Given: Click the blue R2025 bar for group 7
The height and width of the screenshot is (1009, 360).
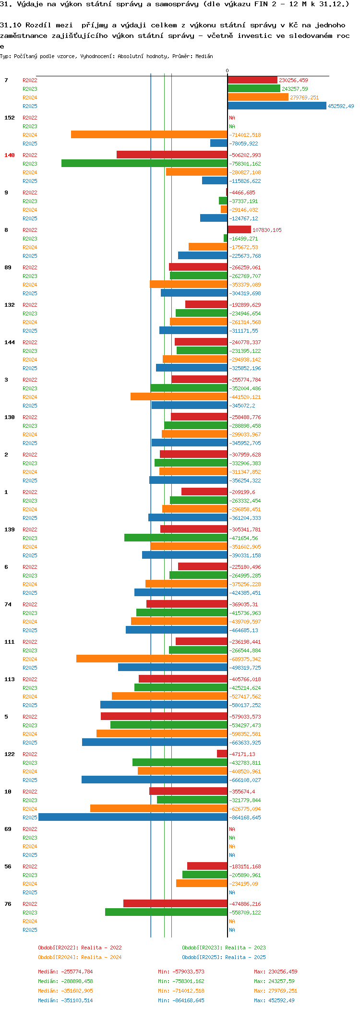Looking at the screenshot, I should [277, 106].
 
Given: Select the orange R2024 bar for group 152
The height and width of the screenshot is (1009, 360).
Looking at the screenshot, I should [149, 135].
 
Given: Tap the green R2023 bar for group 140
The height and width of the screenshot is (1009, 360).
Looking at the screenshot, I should [144, 164].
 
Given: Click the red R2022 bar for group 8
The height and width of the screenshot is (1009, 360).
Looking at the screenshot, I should [239, 230].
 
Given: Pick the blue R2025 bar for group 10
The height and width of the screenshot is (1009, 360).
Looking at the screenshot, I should [133, 817].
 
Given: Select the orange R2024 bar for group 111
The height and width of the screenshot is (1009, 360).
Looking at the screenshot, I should [152, 659].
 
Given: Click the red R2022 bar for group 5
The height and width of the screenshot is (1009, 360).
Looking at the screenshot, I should [164, 717].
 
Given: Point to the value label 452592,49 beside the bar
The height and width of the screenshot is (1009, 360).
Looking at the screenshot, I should [341, 106].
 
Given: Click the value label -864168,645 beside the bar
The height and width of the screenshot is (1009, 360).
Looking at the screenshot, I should [245, 817].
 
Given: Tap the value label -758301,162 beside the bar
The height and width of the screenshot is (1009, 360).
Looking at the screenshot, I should [245, 164].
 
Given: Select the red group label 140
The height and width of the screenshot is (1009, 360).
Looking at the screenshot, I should [10, 155].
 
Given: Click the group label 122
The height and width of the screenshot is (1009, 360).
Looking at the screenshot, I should [10, 754].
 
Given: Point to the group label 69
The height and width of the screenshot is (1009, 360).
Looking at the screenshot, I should [8, 829].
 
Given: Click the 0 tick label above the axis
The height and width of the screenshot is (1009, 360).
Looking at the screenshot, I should [228, 71].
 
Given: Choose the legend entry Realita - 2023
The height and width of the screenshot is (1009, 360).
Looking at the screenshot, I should [224, 948].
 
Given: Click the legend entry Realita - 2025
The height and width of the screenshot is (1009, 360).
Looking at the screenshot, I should [224, 957].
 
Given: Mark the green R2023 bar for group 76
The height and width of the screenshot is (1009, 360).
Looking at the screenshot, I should [166, 913].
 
